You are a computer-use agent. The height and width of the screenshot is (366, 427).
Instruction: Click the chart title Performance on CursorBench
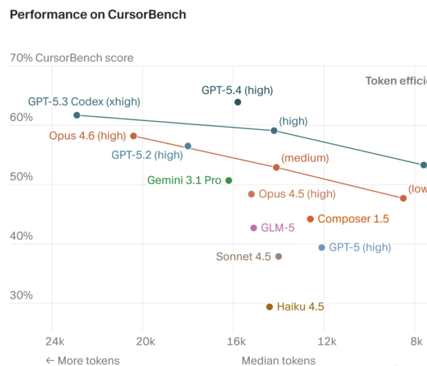click(98, 15)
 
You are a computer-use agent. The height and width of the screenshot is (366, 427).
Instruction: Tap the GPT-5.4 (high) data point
click(238, 102)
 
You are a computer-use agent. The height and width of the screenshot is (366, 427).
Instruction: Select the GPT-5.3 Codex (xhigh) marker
click(77, 115)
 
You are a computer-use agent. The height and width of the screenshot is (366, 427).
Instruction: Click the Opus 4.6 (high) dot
click(133, 136)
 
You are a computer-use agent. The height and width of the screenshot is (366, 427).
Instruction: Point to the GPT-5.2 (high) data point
click(187, 146)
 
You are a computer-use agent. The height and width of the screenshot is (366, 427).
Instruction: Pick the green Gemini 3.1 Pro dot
click(229, 180)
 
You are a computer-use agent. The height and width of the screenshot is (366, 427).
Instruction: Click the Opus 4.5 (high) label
click(297, 194)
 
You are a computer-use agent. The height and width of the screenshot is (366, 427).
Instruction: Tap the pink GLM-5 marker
click(254, 228)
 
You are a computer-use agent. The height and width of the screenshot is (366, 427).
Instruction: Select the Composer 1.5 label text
click(353, 219)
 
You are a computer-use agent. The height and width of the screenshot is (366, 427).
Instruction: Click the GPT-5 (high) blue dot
click(322, 247)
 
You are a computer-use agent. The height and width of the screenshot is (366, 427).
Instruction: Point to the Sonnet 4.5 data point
click(278, 256)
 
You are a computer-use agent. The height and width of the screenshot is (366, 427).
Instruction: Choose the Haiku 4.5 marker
click(269, 307)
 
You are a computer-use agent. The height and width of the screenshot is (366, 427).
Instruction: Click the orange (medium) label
click(305, 158)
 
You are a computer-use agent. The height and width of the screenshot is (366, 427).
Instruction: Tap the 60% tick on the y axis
click(21, 117)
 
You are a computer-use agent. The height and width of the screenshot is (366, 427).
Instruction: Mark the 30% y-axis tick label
click(21, 295)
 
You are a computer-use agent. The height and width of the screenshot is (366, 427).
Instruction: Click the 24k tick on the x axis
click(55, 342)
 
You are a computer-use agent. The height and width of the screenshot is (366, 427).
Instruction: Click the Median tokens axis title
click(278, 360)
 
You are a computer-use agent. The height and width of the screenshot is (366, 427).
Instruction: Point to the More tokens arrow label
click(82, 360)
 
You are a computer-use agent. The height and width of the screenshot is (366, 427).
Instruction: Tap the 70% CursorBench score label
click(71, 58)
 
